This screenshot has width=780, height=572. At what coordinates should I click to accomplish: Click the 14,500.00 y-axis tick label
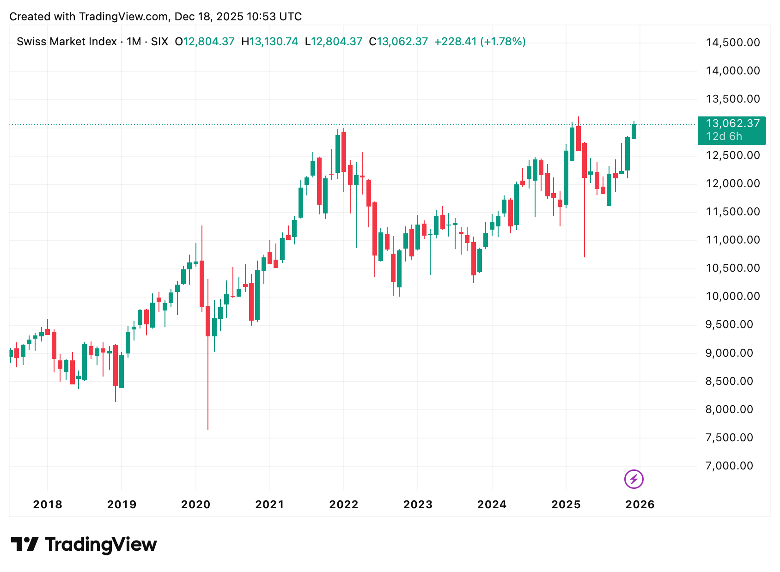(x=732, y=43)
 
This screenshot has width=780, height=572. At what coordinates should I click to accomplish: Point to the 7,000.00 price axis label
(x=729, y=466)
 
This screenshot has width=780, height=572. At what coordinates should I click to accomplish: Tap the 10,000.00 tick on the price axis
(x=732, y=296)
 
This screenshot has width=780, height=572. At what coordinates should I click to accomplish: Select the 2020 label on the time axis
(x=195, y=505)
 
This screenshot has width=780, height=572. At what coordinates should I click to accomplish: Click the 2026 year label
(x=640, y=505)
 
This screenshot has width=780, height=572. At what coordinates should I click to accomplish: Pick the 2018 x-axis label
(x=48, y=505)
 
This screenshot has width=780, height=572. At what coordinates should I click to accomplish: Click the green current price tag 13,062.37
(x=732, y=123)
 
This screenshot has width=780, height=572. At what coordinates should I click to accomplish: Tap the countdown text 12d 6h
(x=724, y=137)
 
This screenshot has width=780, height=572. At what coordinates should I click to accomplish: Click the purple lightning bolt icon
(x=634, y=479)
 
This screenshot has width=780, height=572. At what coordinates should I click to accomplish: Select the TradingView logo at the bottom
(x=84, y=544)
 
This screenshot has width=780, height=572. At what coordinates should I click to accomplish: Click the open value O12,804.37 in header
(x=205, y=42)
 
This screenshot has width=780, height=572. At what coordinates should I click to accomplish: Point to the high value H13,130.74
(x=270, y=42)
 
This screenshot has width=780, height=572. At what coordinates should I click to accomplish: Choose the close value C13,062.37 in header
(x=398, y=42)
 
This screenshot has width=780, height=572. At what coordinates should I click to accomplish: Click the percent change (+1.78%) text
(x=503, y=42)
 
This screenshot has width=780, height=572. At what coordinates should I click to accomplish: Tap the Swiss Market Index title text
(x=67, y=42)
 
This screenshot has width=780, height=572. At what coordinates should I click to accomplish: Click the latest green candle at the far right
(x=634, y=131)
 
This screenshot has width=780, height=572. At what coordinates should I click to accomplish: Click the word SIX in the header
(x=159, y=42)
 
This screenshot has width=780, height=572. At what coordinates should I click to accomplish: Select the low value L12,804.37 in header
(x=334, y=42)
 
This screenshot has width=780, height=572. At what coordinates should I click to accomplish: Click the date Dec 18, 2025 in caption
(x=209, y=17)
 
